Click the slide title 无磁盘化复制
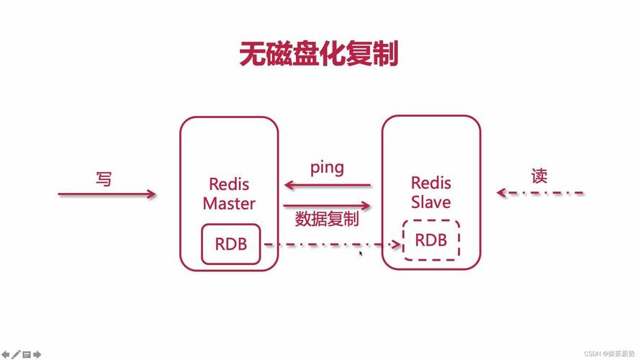click(319, 55)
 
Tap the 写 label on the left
click(104, 179)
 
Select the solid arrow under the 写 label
click(107, 194)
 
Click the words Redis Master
click(229, 194)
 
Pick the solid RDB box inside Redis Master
click(230, 244)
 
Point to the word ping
click(327, 168)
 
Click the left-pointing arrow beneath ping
click(327, 185)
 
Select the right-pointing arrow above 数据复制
click(327, 205)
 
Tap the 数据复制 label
click(327, 220)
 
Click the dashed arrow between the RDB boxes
click(331, 245)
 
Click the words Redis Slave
click(431, 193)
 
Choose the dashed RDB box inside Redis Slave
click(431, 240)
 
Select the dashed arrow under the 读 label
click(540, 193)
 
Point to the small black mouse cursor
click(361, 253)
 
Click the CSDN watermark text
click(609, 354)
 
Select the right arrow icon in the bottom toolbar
click(37, 354)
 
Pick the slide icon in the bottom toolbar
click(27, 354)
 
